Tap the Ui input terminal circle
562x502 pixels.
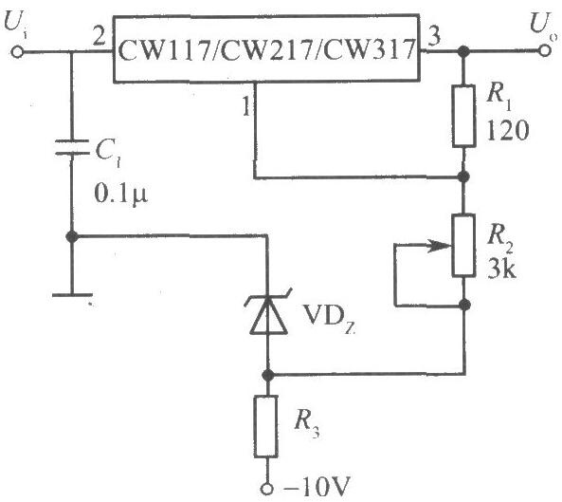(x=17, y=52)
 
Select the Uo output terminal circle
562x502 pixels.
(x=544, y=50)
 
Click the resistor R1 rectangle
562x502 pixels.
(x=463, y=116)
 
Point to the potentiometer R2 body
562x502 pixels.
(x=463, y=246)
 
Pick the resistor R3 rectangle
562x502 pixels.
(x=266, y=426)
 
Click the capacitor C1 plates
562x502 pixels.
(x=72, y=147)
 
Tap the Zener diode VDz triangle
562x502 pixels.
(x=268, y=316)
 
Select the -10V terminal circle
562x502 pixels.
(x=266, y=489)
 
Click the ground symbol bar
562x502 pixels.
(x=72, y=295)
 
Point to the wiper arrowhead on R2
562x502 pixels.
(x=440, y=246)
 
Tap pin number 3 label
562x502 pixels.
(x=434, y=36)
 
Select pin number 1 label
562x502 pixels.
(x=246, y=105)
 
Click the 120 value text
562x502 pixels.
(x=508, y=130)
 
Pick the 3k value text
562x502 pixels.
(x=501, y=269)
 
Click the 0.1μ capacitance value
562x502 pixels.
(x=121, y=195)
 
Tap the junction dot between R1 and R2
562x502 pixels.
(x=463, y=177)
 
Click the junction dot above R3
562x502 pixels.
(x=267, y=376)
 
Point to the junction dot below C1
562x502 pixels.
(x=72, y=236)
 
